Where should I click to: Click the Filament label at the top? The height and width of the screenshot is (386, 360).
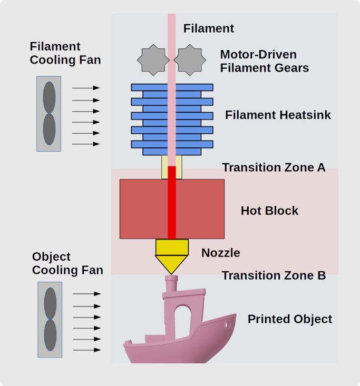(208, 28)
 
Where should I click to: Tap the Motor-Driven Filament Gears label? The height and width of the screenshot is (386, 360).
(264, 61)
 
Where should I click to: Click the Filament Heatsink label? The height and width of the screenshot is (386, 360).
(278, 115)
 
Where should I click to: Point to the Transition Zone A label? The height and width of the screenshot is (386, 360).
(274, 167)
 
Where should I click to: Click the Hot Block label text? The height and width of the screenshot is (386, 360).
(269, 211)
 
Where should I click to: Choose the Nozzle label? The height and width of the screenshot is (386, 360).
(220, 253)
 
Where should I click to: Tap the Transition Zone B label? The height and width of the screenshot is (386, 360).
(274, 275)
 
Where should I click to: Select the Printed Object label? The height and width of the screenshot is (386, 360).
(290, 319)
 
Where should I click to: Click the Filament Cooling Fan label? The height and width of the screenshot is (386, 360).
(65, 53)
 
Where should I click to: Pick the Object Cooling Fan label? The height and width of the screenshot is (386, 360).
(67, 263)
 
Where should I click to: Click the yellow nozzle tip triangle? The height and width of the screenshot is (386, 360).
(172, 263)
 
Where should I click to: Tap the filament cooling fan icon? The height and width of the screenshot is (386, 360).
(49, 113)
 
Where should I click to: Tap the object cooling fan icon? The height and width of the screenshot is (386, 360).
(50, 319)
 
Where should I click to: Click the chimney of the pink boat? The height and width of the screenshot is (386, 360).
(171, 285)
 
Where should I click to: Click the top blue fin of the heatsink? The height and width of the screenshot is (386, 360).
(172, 87)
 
